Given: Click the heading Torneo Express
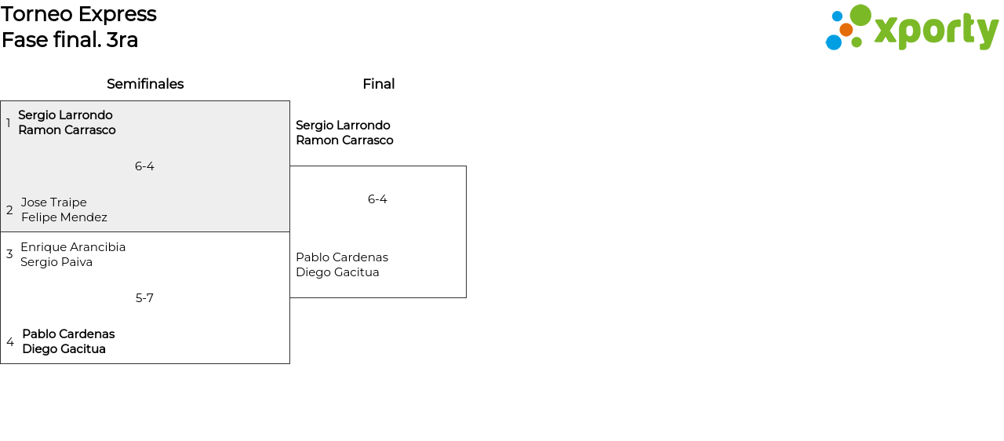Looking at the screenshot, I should point(78,14).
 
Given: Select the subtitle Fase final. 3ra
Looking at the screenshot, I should point(70,40).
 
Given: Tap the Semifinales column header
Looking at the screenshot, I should point(145,84).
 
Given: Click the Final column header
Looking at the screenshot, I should point(378,84).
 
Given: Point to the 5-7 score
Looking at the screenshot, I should point(144,298).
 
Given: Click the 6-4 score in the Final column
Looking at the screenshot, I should point(377,199).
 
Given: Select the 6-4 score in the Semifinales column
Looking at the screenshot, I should point(144,166).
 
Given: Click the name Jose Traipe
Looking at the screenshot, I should point(54,202).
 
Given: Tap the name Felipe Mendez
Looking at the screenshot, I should point(64,217).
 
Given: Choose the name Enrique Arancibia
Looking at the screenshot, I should point(73,247).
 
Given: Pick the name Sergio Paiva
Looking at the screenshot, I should point(56,262).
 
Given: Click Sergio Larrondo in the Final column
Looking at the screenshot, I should point(343,126).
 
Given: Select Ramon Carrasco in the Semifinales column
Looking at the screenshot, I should point(67,130).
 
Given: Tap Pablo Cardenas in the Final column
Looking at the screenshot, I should point(342,257).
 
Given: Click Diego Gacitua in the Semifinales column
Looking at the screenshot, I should point(64,349).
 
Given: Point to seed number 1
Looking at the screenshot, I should point(9,123).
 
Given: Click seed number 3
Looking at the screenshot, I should point(9,254).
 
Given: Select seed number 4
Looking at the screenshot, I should point(10,342).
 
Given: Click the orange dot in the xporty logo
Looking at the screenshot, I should point(846,30).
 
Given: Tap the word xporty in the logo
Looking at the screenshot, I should point(936,31).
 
